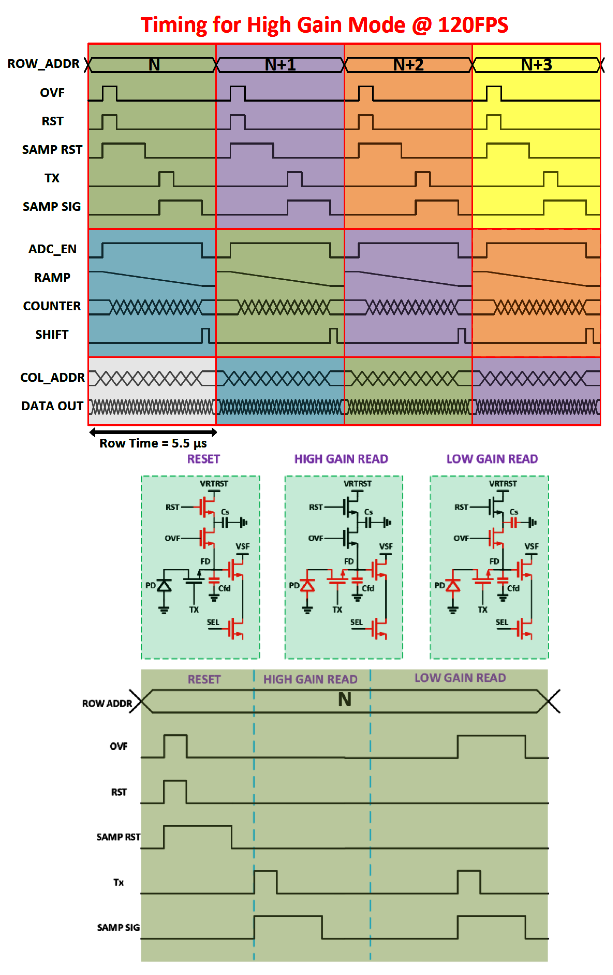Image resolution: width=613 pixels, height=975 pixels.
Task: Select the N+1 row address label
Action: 280,65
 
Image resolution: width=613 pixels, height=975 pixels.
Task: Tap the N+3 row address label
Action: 536,65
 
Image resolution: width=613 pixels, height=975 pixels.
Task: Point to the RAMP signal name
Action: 52,278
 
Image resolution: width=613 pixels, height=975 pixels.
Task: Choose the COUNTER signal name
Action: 52,306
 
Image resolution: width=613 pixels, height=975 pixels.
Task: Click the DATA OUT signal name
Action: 52,406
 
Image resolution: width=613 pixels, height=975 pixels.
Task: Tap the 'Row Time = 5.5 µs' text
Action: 153,443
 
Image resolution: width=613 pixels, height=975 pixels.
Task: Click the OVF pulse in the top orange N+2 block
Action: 365,93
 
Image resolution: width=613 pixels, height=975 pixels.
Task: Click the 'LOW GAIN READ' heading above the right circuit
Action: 492,459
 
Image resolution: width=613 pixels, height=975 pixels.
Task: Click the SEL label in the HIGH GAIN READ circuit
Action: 356,622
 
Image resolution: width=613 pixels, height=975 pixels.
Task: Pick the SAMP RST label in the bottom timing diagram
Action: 118,837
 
